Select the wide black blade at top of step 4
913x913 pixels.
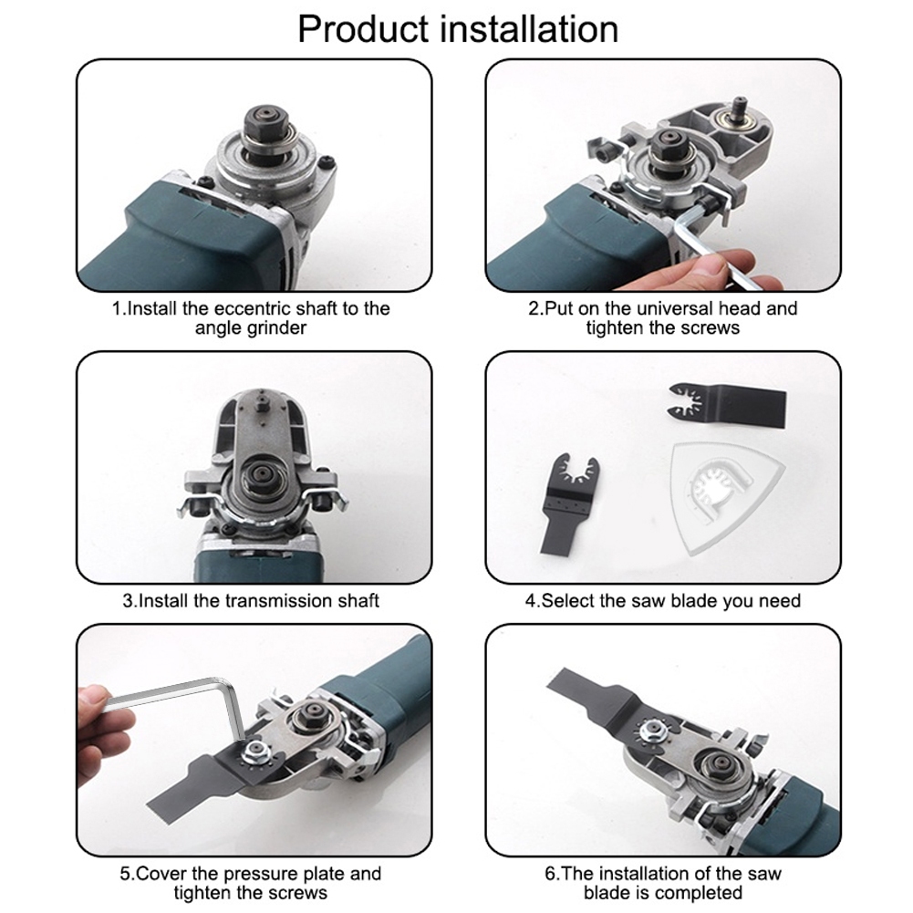(728, 405)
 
